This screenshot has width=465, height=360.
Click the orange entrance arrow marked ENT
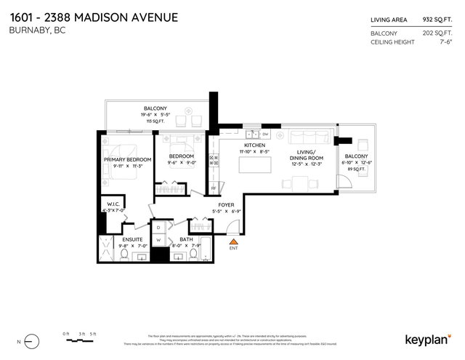point(234,241)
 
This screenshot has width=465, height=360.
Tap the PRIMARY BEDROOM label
point(127,159)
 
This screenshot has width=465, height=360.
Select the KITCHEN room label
point(254,145)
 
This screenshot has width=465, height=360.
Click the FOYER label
point(226,205)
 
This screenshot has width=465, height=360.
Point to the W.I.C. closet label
point(113,204)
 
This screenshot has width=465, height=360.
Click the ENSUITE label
point(132,239)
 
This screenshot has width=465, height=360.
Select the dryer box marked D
point(159,227)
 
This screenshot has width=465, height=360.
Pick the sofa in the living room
point(305,137)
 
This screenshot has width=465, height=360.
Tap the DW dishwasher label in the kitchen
point(265,135)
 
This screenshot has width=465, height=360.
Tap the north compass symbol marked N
point(30,340)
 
